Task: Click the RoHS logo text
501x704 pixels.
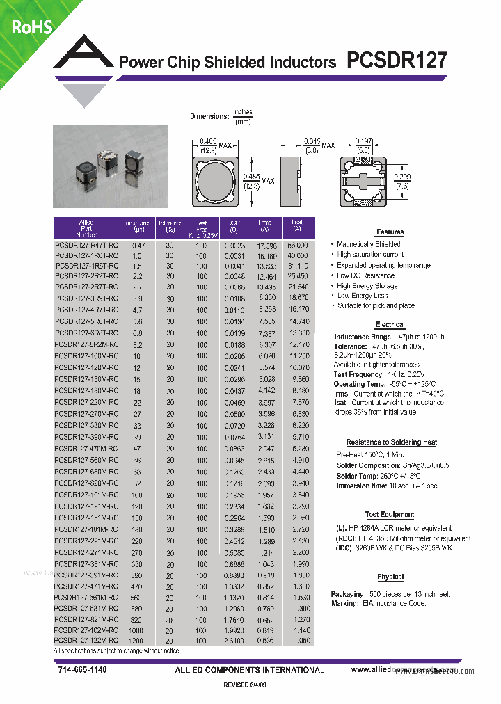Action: [x=30, y=28]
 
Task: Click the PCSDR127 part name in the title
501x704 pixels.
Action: [x=397, y=61]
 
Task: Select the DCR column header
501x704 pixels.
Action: [x=234, y=226]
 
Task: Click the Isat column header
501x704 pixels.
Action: [x=298, y=226]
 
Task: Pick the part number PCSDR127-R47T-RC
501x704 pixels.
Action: [x=86, y=246]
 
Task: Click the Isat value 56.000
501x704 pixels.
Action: [x=298, y=246]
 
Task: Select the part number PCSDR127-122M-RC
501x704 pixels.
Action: [x=86, y=639]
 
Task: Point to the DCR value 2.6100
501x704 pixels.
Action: [x=234, y=639]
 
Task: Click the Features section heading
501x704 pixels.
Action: [x=390, y=232]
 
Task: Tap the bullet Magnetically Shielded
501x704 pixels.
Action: [x=368, y=244]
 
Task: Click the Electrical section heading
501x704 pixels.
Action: [x=390, y=325]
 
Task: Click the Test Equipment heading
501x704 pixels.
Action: [x=390, y=515]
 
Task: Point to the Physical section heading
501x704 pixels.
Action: [x=390, y=577]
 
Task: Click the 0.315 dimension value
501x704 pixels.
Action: [x=311, y=141]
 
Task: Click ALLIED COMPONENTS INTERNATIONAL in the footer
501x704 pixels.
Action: [x=250, y=670]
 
